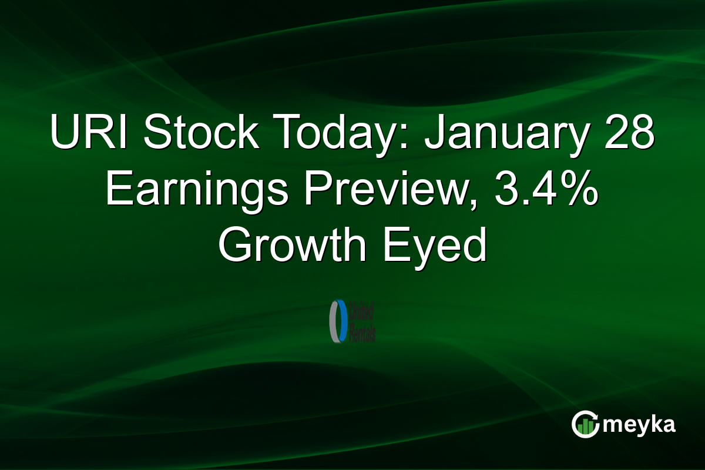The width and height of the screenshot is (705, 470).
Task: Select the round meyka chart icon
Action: (x=585, y=425)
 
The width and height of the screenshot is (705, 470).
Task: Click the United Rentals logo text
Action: (x=362, y=321)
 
